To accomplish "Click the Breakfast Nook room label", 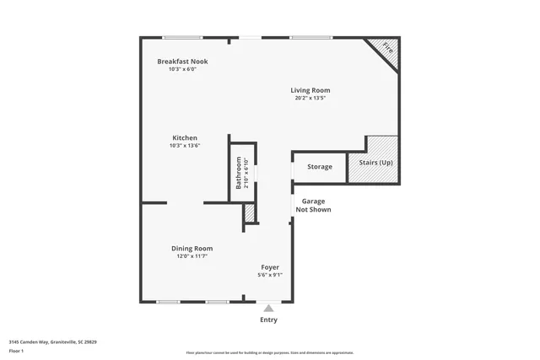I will pyautogui.click(x=182, y=62).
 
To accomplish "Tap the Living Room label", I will pyautogui.click(x=310, y=90).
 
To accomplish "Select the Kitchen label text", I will pyautogui.click(x=185, y=137).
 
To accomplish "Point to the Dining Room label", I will pyautogui.click(x=192, y=248).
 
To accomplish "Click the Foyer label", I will pyautogui.click(x=269, y=267).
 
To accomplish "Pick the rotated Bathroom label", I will pyautogui.click(x=239, y=172).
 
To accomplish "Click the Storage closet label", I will pyautogui.click(x=319, y=167).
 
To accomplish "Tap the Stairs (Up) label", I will pyautogui.click(x=375, y=163).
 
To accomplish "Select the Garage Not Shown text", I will pyautogui.click(x=312, y=205).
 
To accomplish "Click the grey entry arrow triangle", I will pyautogui.click(x=268, y=309).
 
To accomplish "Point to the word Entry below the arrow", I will pyautogui.click(x=268, y=320).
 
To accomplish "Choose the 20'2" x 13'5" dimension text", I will pyautogui.click(x=310, y=99).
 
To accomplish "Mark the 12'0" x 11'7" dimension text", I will pyautogui.click(x=192, y=256).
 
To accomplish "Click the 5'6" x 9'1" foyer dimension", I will pyautogui.click(x=269, y=275).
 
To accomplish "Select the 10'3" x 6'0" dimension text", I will pyautogui.click(x=182, y=69).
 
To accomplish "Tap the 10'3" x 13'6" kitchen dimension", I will pyautogui.click(x=185, y=146).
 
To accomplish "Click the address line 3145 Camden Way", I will pyautogui.click(x=52, y=342).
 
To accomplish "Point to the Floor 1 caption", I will pyautogui.click(x=17, y=352).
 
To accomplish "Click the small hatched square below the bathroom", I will pyautogui.click(x=249, y=214).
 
